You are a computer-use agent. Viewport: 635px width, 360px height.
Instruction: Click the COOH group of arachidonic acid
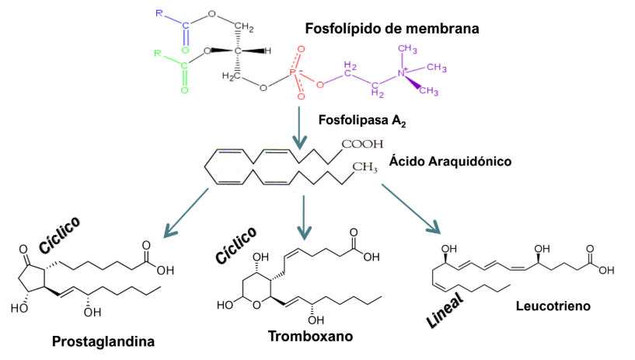[x=363, y=144]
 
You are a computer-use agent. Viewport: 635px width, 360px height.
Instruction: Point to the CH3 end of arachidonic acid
[x=364, y=166]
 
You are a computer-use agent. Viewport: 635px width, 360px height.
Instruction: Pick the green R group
[x=157, y=54]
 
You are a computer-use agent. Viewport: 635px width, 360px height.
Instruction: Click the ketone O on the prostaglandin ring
[x=24, y=253]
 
